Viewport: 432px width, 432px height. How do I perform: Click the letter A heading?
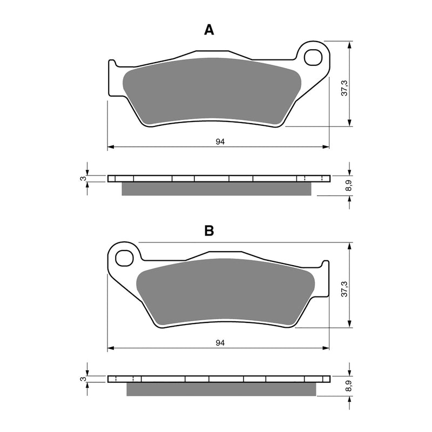[209, 30]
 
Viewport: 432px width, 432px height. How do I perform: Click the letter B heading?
[209, 231]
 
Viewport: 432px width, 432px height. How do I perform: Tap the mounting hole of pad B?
[124, 258]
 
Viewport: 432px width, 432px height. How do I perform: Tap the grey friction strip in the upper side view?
[217, 188]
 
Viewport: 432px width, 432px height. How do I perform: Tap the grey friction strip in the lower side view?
[221, 389]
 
